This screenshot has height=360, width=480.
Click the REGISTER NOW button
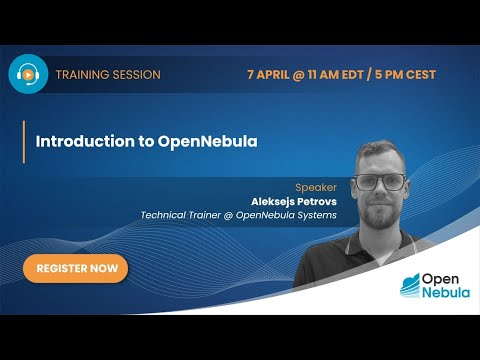76,269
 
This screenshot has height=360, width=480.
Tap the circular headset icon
28,74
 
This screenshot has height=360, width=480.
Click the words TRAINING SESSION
108,75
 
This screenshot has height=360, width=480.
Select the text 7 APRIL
271,75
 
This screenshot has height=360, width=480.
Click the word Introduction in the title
82,141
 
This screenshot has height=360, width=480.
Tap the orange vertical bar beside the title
23,141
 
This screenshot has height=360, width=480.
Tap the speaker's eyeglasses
380,183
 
